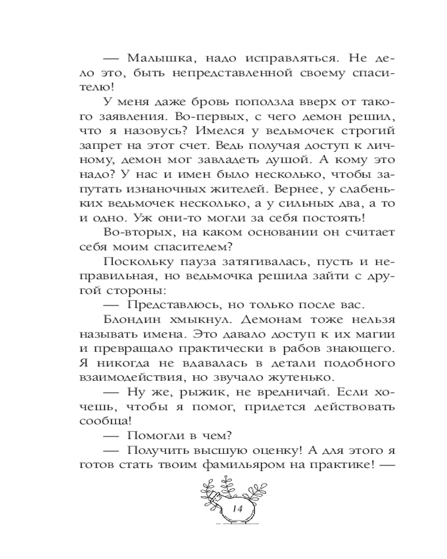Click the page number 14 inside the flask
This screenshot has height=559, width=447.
point(234,508)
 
